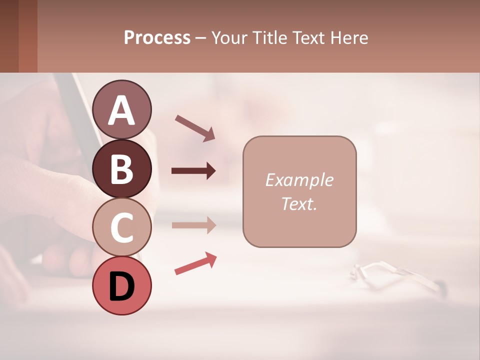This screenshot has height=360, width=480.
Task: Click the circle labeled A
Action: point(122,109)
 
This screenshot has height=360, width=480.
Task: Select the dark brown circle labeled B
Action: point(122,168)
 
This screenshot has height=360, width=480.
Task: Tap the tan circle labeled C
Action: point(122,227)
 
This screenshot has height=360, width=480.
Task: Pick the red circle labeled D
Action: point(122,285)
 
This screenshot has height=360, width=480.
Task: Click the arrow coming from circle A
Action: point(195,128)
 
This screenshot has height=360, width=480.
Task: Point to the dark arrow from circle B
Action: point(193,171)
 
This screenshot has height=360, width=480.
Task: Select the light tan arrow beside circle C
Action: point(193,225)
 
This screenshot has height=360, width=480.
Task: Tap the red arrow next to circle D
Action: point(195,263)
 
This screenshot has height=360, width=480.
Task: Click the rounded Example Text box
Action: point(299,192)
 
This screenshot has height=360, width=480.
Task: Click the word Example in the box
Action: point(299,180)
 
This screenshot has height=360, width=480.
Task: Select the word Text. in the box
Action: point(299,203)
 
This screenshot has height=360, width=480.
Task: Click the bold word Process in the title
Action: point(157,37)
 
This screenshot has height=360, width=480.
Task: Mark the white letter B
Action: point(122,169)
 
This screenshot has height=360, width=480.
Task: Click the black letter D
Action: point(122,286)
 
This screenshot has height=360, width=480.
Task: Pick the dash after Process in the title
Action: point(200,38)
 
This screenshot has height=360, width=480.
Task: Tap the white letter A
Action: point(122,110)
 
